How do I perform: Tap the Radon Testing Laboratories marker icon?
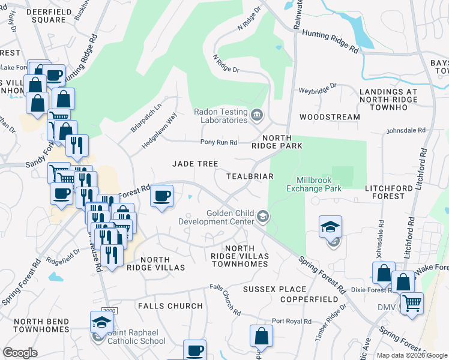point(257,115)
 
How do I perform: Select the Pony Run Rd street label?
point(218,142)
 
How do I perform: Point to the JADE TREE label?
point(195,164)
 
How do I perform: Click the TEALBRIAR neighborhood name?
point(250,176)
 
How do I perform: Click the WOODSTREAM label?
point(330,117)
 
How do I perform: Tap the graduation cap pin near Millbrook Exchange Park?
point(330,228)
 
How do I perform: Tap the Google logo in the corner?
point(20,353)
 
